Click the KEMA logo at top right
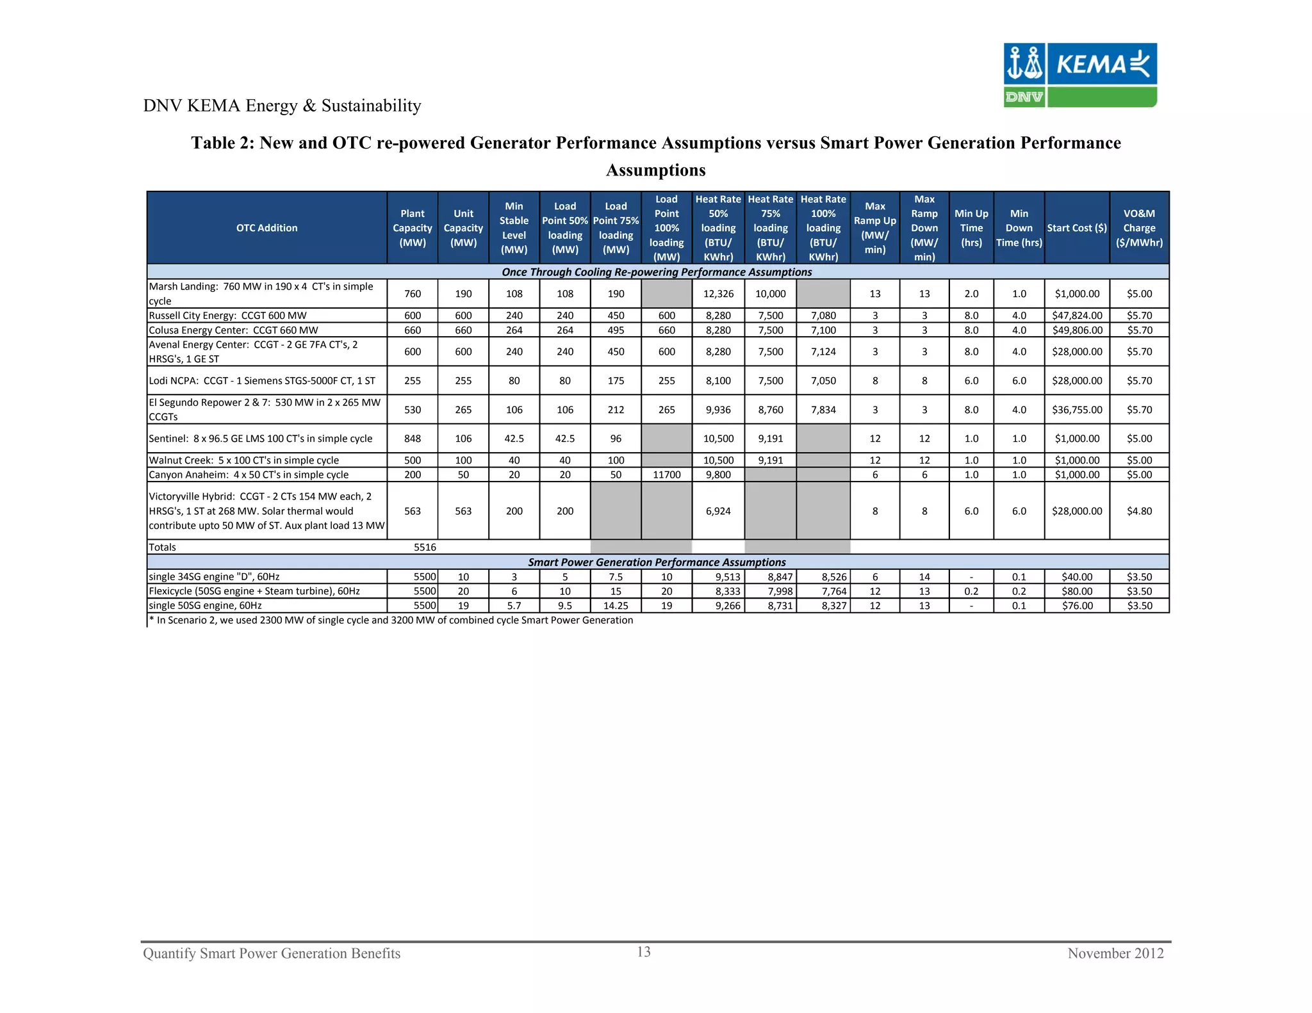(1079, 74)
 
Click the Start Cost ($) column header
(1077, 228)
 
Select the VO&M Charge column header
(1139, 228)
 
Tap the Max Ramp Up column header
(874, 228)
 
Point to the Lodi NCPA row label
(262, 381)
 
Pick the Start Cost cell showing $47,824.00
(1077, 316)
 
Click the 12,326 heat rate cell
(717, 294)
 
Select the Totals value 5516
(425, 547)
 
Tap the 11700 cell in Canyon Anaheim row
(666, 475)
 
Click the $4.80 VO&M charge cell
(1139, 512)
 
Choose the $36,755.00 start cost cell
(1077, 410)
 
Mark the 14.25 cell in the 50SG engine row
(616, 606)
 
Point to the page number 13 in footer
(644, 952)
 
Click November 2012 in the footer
(1115, 953)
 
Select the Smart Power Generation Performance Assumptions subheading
(657, 562)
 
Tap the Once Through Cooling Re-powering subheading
(657, 272)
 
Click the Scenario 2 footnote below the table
(391, 620)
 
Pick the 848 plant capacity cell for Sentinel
(413, 439)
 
